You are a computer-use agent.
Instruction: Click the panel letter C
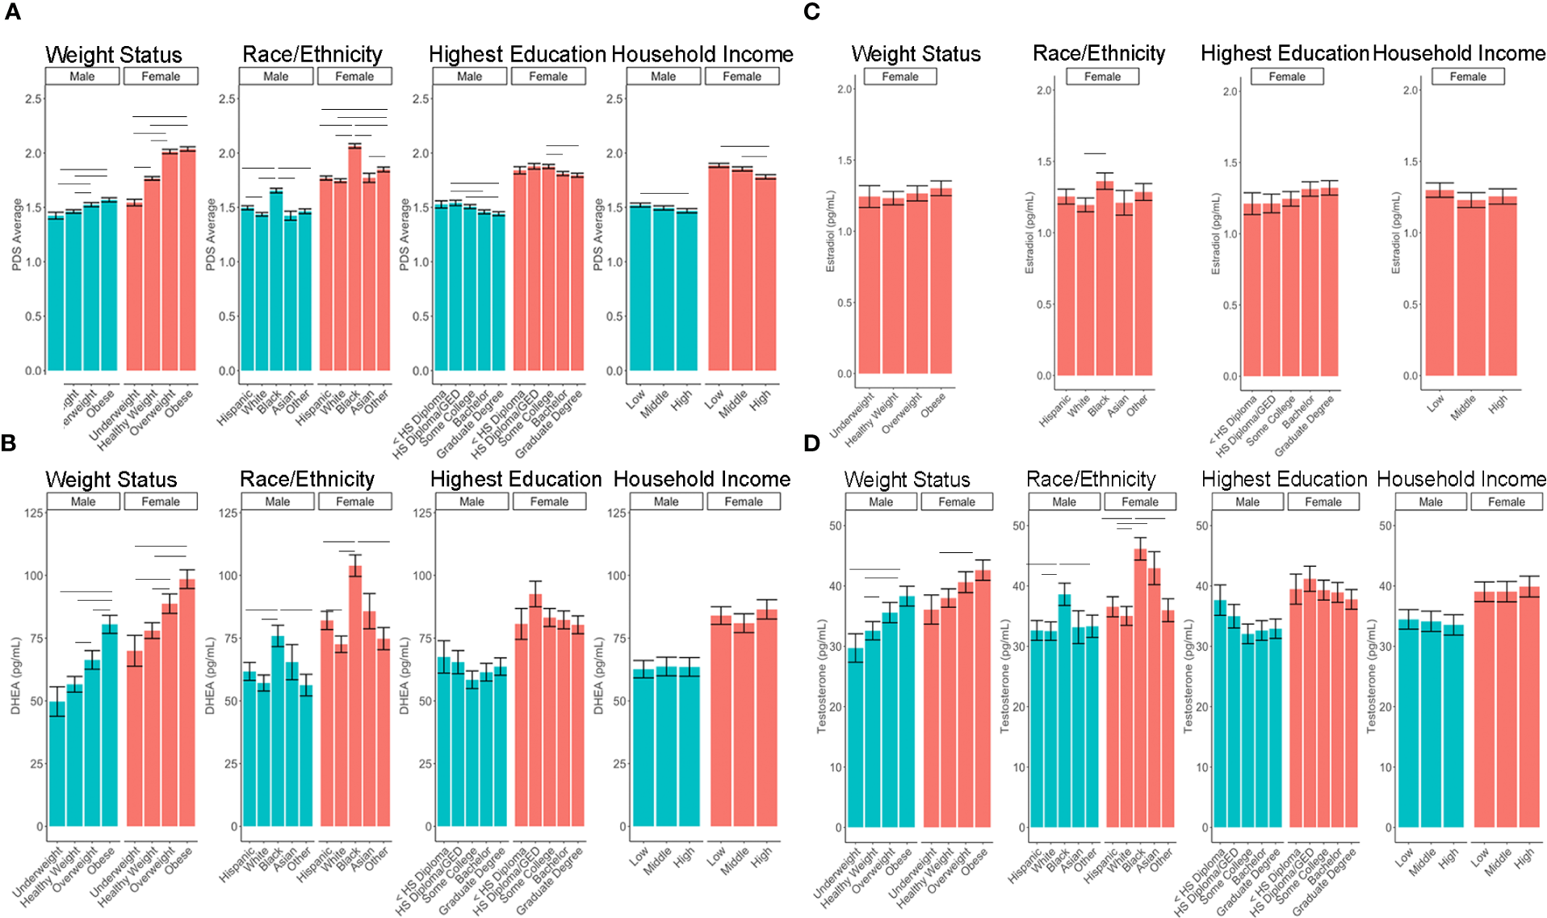[x=811, y=11]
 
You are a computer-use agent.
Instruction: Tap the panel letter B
[x=9, y=442]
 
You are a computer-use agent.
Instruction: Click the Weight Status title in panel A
[x=114, y=54]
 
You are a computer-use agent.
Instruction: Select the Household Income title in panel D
[x=1461, y=479]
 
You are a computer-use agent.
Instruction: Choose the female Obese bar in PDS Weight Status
[x=187, y=259]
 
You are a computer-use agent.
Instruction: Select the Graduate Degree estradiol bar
[x=1329, y=282]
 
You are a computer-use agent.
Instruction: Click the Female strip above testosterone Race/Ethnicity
[x=1139, y=501]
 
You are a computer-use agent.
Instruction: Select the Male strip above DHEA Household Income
[x=665, y=501]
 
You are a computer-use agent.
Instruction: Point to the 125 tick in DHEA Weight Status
[x=34, y=513]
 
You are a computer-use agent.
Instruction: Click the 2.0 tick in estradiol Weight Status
[x=845, y=89]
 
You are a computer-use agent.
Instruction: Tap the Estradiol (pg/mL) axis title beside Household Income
[x=1395, y=233]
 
